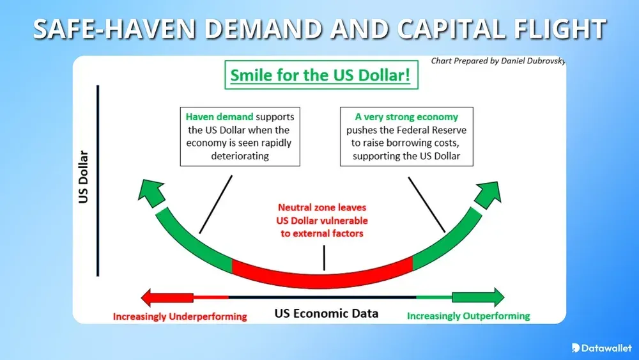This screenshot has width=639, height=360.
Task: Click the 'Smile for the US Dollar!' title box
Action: click(x=319, y=75)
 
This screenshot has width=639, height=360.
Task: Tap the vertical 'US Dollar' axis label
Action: click(x=84, y=177)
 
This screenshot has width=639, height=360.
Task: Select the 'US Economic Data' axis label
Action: click(x=326, y=313)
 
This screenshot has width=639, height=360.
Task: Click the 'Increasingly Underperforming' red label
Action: click(x=180, y=316)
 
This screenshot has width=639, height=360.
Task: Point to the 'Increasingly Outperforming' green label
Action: click(x=468, y=316)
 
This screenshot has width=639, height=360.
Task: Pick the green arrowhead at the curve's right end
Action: click(x=489, y=191)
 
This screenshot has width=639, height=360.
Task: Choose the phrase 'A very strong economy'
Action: click(x=406, y=117)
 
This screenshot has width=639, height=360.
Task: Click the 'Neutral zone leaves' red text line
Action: click(x=322, y=208)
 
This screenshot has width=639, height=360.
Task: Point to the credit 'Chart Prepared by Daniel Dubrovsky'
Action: click(x=498, y=61)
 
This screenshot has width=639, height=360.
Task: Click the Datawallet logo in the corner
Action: click(x=601, y=347)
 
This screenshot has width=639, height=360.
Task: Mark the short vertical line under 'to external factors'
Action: click(x=324, y=258)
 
